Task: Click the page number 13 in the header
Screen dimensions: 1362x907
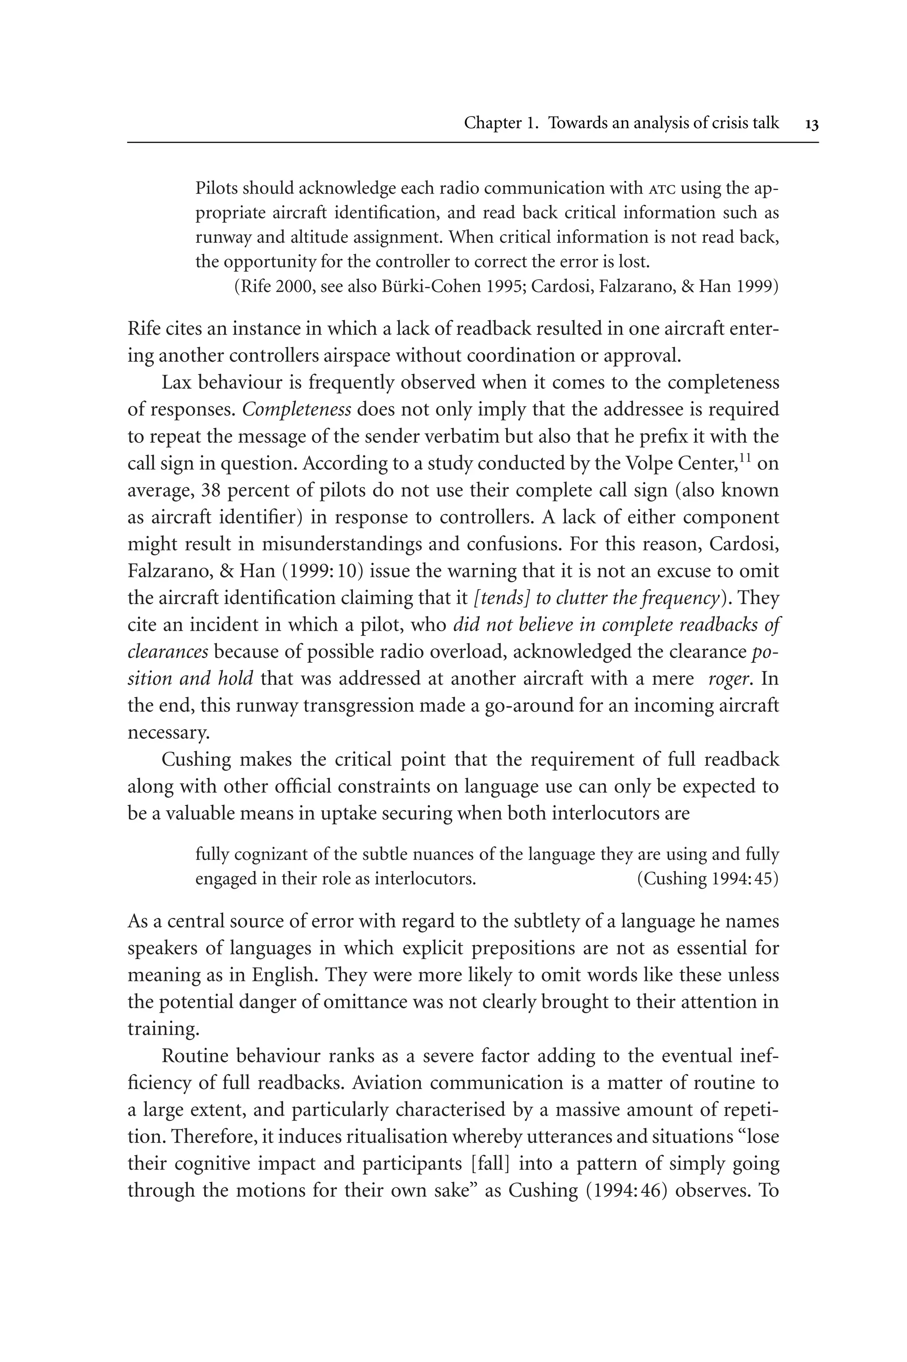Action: (x=811, y=124)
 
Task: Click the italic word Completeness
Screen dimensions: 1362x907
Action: (x=297, y=410)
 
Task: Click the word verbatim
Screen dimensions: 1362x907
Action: (x=461, y=437)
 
